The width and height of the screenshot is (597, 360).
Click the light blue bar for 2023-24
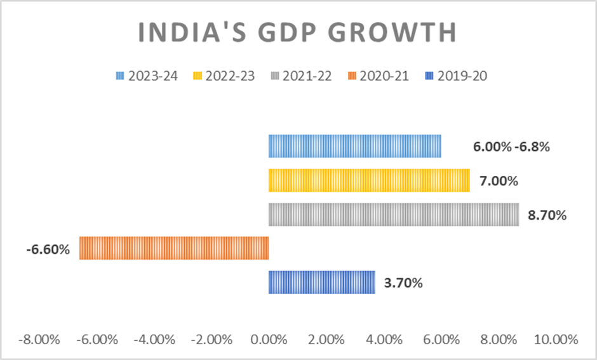354,146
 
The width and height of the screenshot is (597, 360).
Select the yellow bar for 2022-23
369,180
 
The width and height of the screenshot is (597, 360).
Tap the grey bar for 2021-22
393,215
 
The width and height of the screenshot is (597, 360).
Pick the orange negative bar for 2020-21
174,248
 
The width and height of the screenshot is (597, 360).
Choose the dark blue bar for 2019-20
321,282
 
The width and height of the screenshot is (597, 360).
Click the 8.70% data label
547,215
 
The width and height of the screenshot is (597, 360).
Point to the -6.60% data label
48,250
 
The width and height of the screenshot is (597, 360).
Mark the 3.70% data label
403,283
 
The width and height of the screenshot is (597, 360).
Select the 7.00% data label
499,181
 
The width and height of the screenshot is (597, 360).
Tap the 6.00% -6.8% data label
511,147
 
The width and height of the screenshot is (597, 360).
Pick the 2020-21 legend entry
379,76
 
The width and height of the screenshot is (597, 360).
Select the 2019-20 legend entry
456,76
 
